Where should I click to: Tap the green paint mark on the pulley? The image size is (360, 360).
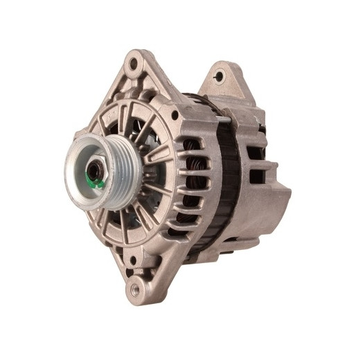click(x=99, y=183)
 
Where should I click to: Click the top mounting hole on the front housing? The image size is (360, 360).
click(x=132, y=65)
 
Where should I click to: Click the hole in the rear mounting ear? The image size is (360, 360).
click(x=220, y=75)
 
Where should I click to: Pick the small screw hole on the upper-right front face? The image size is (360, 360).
click(x=175, y=115)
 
